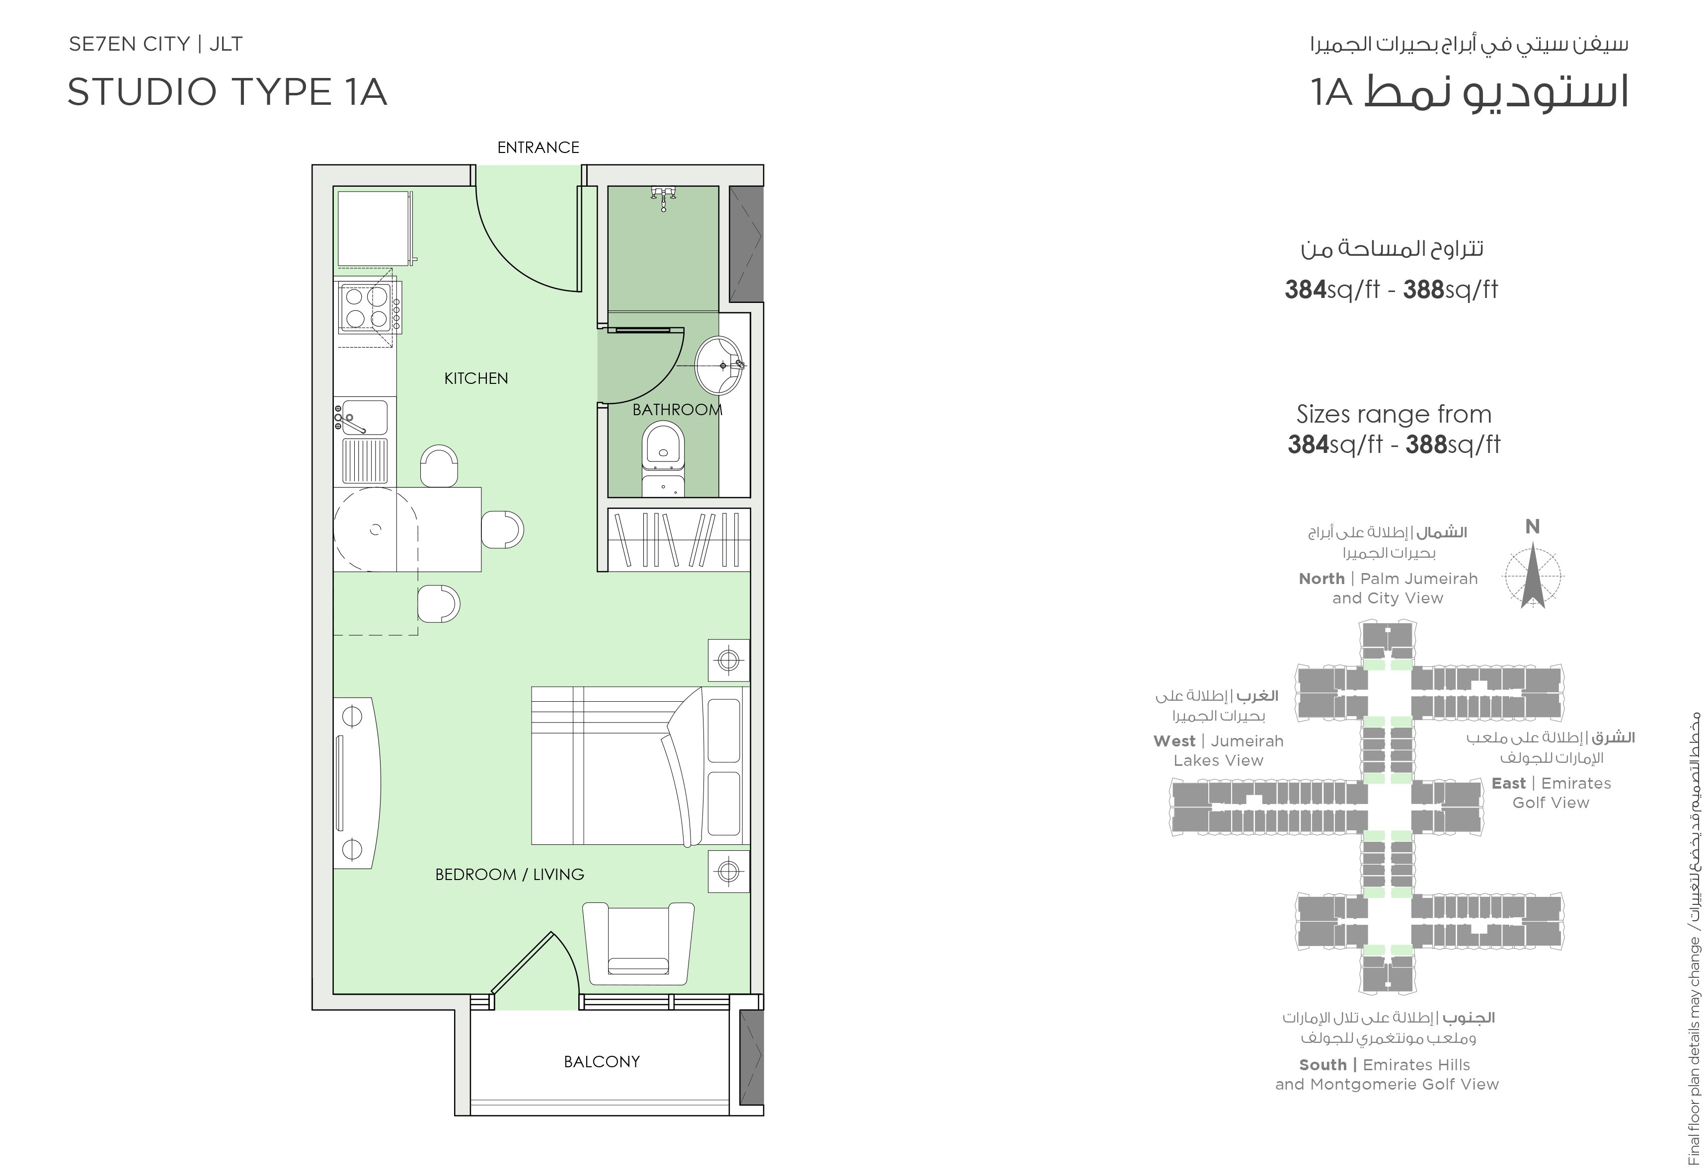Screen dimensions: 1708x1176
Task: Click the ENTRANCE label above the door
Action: tap(538, 147)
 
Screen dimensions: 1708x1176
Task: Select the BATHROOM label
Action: tap(678, 410)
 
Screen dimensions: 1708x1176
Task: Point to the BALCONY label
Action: tap(602, 1062)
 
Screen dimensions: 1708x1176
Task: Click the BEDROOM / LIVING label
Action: tap(509, 875)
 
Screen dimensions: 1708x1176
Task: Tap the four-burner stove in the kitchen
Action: tap(368, 308)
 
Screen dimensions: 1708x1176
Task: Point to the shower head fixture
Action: tap(663, 198)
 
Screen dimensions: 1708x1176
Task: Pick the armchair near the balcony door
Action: tap(638, 943)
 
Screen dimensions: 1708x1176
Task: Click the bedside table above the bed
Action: tap(728, 660)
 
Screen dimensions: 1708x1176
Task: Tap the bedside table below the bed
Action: tap(728, 872)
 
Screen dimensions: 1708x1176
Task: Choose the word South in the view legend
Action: tap(1323, 1065)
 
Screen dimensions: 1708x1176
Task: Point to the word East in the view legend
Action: tap(1508, 783)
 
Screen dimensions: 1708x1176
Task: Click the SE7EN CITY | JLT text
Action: tap(155, 44)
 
